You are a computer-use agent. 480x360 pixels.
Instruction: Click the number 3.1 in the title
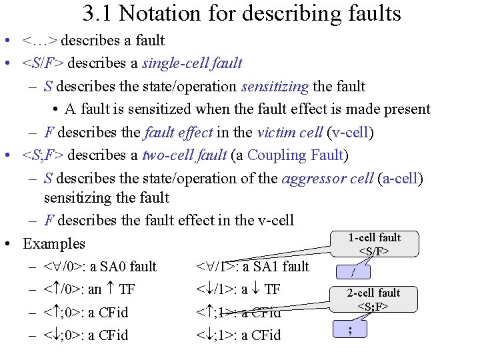point(99,13)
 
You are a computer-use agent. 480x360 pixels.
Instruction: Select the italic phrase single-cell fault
point(192,63)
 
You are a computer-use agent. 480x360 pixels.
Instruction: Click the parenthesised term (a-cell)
point(400,179)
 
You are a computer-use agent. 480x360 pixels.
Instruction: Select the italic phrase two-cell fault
point(186,155)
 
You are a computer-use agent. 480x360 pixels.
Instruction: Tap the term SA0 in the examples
point(113,267)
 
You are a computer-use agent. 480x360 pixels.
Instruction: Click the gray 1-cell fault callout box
point(375,244)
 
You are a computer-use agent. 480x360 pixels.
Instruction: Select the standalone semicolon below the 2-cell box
point(349,329)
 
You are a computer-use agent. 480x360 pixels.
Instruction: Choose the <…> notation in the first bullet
point(40,41)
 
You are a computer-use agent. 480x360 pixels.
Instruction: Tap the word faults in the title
point(375,13)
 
